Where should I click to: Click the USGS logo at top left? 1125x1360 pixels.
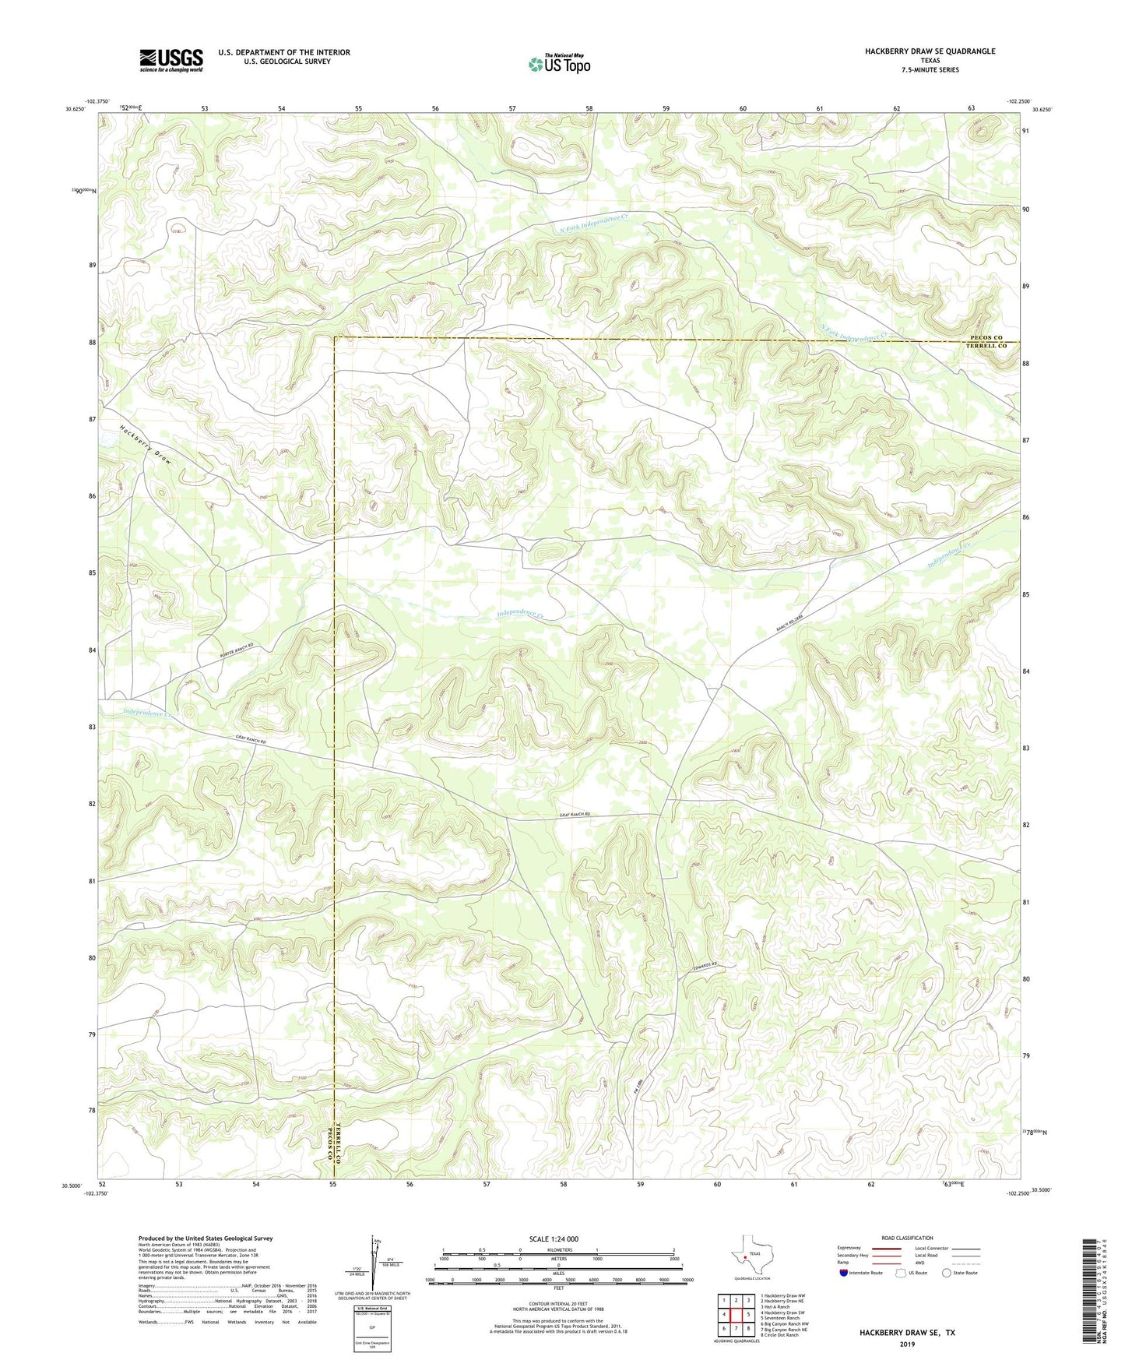171,60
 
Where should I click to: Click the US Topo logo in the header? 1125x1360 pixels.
558,64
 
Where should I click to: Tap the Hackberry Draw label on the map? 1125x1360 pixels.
146,445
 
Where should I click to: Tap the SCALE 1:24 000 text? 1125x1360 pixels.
553,1238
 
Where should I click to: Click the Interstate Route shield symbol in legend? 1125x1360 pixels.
844,1272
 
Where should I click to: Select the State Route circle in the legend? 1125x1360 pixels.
947,1273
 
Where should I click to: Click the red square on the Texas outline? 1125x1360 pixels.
745,1256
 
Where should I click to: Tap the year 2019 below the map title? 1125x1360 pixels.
907,1343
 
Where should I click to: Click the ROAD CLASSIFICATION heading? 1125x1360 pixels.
906,1238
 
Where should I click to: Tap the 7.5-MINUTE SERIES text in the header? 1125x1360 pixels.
930,70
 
